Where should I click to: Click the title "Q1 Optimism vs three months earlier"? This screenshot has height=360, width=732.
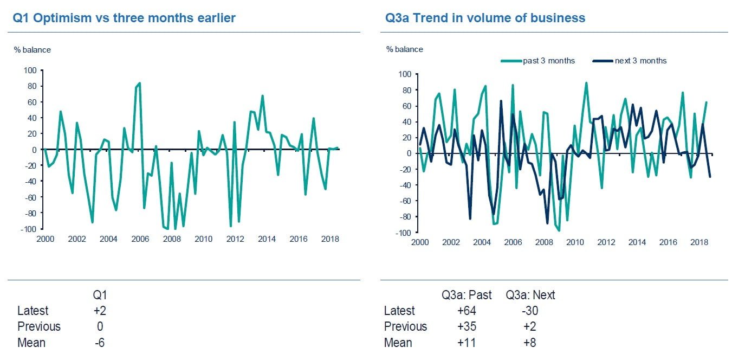[x=124, y=18]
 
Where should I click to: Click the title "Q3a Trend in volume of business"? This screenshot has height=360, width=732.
[x=485, y=18]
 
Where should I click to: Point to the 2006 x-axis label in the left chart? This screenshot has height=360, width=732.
[x=140, y=239]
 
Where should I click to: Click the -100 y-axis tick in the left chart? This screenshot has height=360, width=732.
[x=29, y=229]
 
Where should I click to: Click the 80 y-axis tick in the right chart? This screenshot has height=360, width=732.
[x=405, y=90]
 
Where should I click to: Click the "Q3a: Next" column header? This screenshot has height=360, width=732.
[x=530, y=295]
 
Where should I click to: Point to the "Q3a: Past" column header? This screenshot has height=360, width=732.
[x=467, y=295]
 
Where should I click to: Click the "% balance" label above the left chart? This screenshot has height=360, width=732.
[x=32, y=50]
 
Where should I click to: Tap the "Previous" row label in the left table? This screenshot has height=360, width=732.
[x=39, y=327]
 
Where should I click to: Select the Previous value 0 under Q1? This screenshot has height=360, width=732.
[x=100, y=327]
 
